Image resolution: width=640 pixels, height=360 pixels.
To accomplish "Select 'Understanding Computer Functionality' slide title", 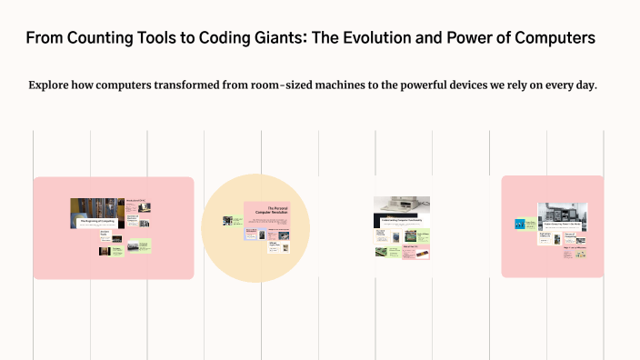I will coord(402,219).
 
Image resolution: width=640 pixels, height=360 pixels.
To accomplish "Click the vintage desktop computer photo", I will coord(401,205).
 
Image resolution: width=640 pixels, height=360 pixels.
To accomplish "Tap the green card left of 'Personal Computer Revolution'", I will coord(238,220).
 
